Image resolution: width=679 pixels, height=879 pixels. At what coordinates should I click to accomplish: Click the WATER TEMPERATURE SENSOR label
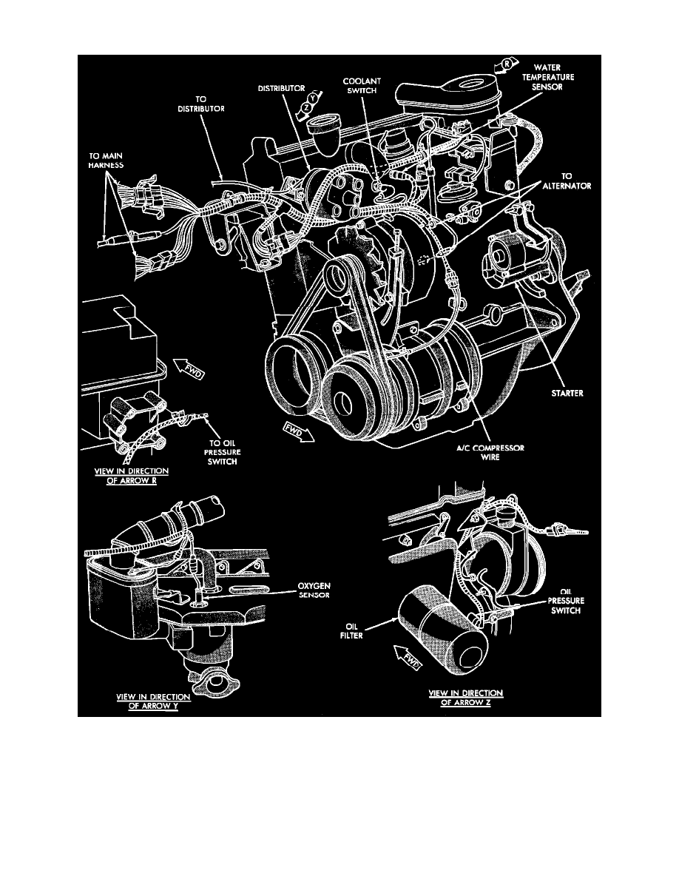tap(547, 77)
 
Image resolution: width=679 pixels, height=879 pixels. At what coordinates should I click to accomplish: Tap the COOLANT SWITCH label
tap(362, 86)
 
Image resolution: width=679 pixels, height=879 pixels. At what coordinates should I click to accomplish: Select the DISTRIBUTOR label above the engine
tap(281, 88)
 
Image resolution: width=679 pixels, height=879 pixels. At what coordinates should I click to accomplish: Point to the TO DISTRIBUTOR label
tap(201, 104)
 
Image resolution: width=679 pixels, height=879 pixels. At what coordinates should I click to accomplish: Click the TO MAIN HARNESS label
tap(106, 161)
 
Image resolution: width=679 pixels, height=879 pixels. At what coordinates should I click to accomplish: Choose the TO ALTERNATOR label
tap(567, 181)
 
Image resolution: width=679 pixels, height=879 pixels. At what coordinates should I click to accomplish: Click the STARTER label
tap(567, 393)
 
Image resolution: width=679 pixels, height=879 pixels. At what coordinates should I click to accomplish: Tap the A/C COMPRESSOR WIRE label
tap(490, 452)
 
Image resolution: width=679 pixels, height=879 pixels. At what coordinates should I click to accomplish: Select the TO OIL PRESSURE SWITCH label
tap(223, 452)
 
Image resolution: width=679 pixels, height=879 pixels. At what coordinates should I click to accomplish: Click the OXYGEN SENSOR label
tap(314, 590)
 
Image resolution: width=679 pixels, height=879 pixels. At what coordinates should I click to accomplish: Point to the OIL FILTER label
tap(351, 630)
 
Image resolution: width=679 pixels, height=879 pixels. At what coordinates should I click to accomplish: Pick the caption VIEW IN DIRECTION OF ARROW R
tap(132, 476)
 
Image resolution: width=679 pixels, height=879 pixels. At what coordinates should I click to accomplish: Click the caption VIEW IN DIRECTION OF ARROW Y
tap(153, 701)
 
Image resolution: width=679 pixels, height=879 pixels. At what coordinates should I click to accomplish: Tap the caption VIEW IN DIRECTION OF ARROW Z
tap(465, 698)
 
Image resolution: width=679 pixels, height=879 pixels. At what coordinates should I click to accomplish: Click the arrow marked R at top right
tap(502, 66)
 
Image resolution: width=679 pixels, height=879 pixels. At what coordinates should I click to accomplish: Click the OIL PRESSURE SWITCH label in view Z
tap(565, 600)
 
